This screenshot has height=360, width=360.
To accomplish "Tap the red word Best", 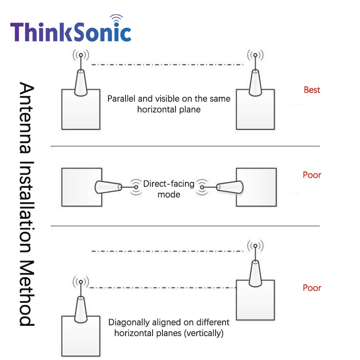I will pos(312,90).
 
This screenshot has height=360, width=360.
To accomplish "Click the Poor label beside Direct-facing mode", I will pos(312,175).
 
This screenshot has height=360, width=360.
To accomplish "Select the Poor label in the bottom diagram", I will pos(312,288).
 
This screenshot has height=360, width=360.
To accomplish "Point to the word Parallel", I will pos(121,99).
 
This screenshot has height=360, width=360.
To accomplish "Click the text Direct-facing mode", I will pos(169,189).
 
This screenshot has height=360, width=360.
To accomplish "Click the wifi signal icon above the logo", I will pos(117,19).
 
